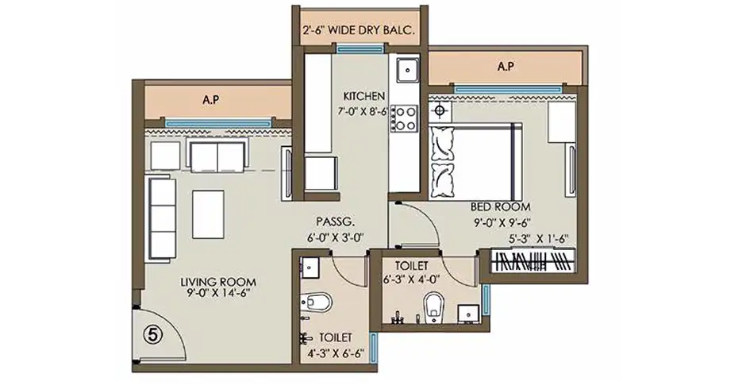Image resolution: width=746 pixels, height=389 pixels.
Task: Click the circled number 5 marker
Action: tap(152, 335)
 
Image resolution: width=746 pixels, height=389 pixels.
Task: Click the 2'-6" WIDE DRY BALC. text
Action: tap(360, 33)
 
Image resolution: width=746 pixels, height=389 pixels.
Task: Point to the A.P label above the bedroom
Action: tap(506, 67)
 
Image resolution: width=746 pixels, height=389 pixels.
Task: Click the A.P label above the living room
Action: tap(210, 101)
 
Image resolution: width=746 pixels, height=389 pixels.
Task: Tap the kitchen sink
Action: tap(406, 71)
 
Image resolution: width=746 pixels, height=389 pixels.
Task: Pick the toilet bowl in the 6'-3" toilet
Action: tap(433, 306)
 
